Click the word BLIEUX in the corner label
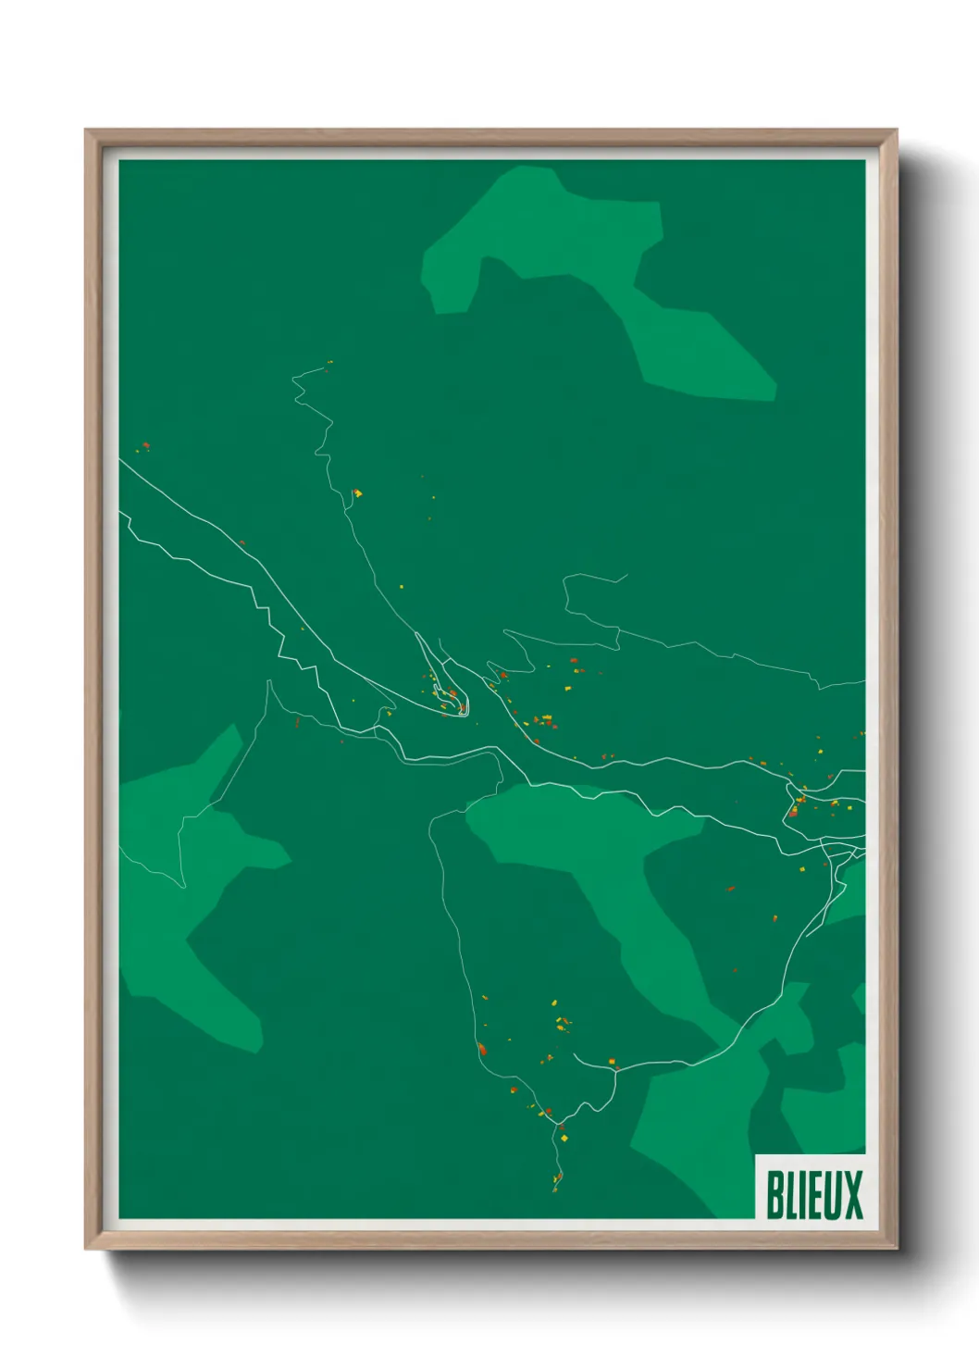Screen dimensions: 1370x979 click(813, 1194)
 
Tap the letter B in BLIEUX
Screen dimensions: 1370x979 click(774, 1194)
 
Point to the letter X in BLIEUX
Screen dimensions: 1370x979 click(853, 1194)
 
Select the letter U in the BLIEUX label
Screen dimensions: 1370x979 click(831, 1194)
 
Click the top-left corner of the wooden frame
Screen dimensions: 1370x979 click(86, 131)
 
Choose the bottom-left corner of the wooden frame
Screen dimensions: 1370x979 click(86, 1249)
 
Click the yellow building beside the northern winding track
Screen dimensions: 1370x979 click(358, 493)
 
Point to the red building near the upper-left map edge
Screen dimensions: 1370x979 click(145, 445)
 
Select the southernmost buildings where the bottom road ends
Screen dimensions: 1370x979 click(557, 1179)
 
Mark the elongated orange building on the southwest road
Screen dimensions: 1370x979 click(481, 1049)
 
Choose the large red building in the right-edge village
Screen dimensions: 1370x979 click(793, 811)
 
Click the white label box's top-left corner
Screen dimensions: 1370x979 click(756, 1155)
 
